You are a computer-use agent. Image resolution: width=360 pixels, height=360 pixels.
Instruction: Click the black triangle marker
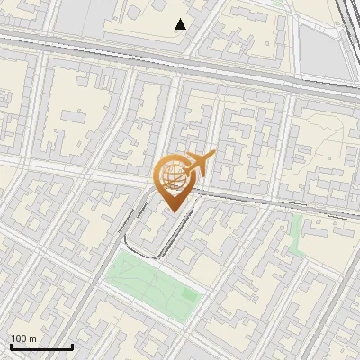181,24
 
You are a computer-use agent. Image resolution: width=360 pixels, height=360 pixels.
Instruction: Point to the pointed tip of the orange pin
171,211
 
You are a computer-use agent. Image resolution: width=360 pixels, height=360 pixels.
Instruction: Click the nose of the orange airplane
212,155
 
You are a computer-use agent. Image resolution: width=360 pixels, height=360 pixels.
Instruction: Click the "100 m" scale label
24,338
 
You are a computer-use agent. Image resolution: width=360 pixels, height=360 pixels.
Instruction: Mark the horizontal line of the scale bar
41,346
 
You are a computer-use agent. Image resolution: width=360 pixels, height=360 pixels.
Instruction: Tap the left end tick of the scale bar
12,345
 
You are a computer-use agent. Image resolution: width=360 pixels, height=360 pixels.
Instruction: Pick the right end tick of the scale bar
72,345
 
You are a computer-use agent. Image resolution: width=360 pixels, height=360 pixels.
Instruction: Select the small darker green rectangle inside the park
188,293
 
